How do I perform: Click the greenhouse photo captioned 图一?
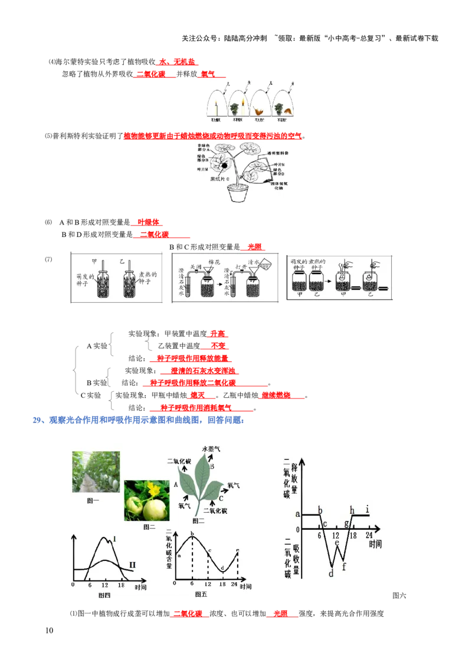click(x=96, y=471)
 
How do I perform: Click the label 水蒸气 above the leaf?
click(x=211, y=449)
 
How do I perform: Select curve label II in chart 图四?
click(x=132, y=565)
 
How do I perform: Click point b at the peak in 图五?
click(x=192, y=534)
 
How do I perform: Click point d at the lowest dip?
click(x=331, y=572)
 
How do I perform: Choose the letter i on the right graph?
click(x=368, y=508)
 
